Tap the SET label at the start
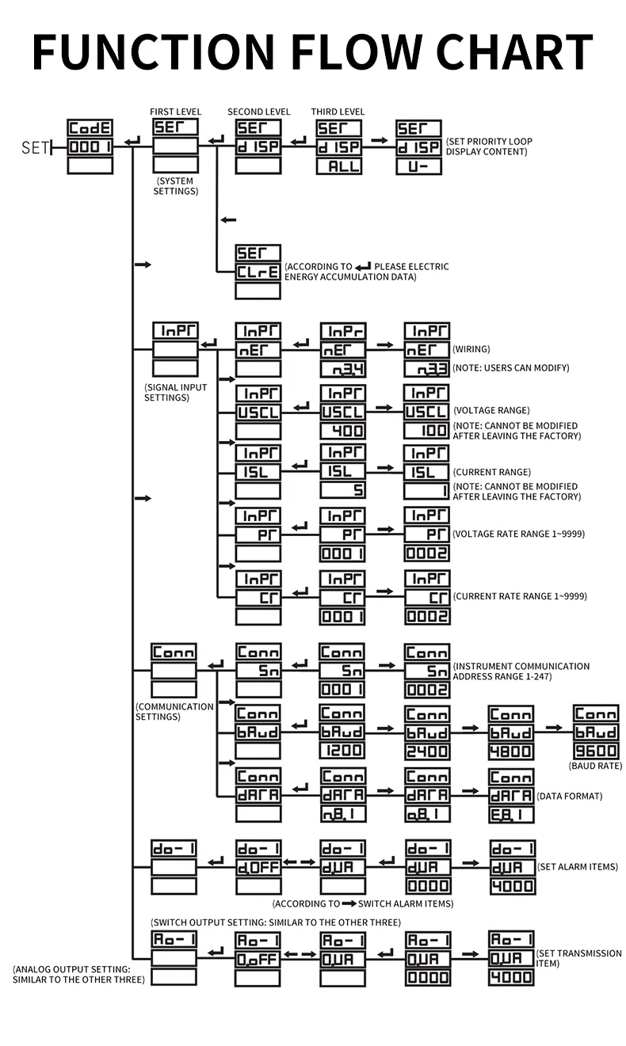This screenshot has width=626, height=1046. coord(35,147)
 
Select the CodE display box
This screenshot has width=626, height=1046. coord(90,128)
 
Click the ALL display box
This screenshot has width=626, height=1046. coord(338,166)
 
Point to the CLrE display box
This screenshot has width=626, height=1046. coord(258,272)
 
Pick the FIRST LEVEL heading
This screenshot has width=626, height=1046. coord(175,112)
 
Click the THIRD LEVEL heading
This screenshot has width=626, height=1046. coord(338,112)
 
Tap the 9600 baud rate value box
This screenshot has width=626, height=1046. coord(597,751)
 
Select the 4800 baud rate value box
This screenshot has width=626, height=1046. coord(511,751)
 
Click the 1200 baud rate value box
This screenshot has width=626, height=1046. coord(342,751)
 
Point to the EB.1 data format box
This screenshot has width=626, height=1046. coord(511,813)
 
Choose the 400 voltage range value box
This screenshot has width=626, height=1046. coord(342,431)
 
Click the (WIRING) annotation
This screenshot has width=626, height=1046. coord(471,348)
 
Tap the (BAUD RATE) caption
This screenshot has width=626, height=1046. coord(596,766)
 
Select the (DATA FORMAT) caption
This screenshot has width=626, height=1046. coord(569,796)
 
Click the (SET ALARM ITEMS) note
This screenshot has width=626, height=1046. coord(577,867)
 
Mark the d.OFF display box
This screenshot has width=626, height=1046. coord(258,867)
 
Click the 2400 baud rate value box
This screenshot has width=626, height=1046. coord(427,751)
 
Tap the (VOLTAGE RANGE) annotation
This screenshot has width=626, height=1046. coord(491,410)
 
